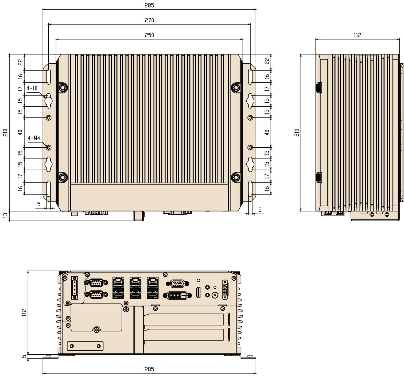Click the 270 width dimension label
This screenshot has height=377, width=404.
pos(149,20)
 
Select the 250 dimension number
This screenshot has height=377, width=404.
pos(149,36)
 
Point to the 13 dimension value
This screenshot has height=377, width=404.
pos(6,215)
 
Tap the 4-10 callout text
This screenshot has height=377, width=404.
pos(32,88)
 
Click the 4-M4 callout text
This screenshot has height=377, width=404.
pos(34,138)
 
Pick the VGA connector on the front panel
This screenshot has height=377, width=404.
pos(178,284)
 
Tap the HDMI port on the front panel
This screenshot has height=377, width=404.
pos(198,293)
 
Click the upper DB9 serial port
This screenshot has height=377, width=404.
pos(96,283)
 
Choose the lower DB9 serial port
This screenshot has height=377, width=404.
pos(96,295)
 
